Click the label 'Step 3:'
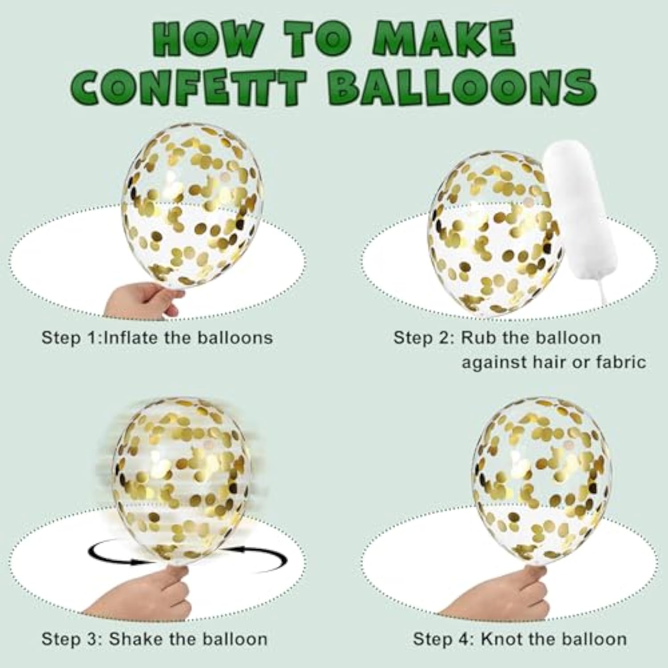pos(72,639)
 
